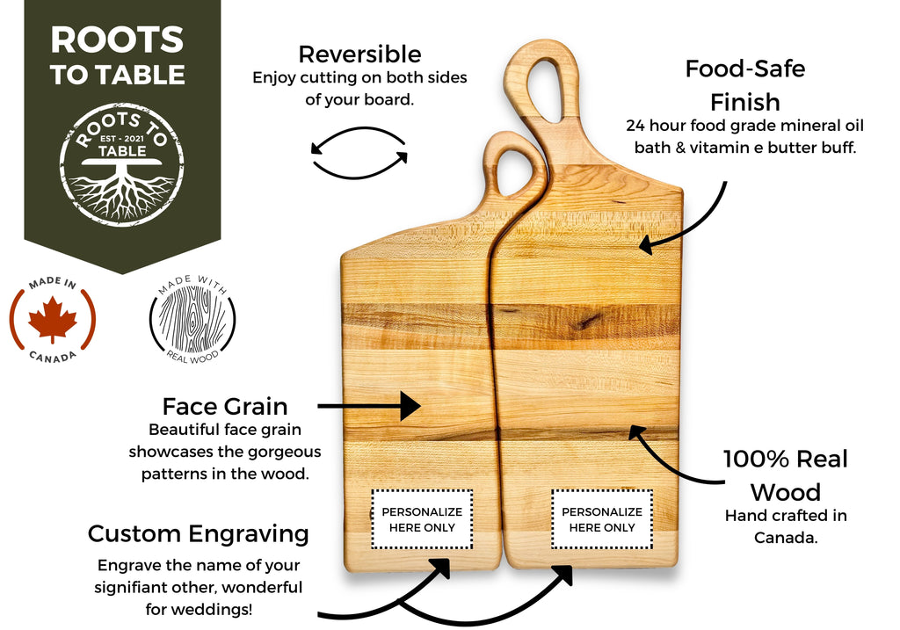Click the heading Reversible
359,54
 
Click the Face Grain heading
225,406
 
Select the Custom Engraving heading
199,533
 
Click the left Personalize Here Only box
421,519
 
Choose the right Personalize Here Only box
602,519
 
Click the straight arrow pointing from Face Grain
369,406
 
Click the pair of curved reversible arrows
359,155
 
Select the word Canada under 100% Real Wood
786,536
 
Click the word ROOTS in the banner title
117,40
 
